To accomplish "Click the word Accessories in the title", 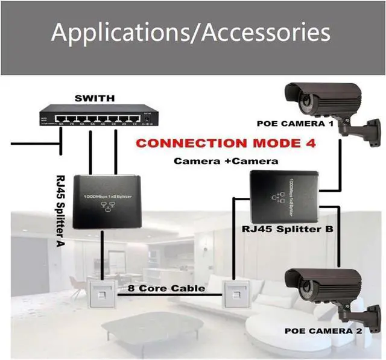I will pyautogui.click(x=266, y=33).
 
